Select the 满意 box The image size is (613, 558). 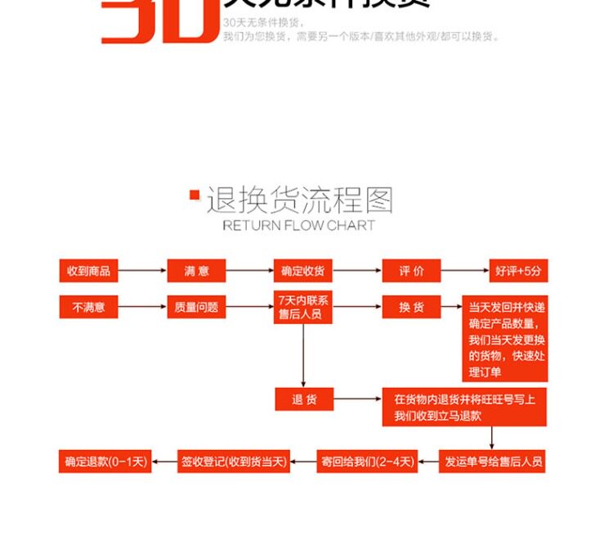(196, 271)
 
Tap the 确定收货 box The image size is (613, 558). (302, 271)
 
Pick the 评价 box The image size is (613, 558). (411, 271)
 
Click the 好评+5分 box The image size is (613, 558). (517, 271)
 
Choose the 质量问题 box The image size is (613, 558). (196, 307)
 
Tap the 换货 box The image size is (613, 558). (411, 307)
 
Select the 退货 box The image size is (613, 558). (304, 399)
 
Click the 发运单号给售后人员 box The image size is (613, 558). (493, 461)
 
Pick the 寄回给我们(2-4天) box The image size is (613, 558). (367, 461)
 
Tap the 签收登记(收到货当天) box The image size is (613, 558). (234, 461)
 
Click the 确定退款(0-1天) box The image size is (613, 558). (105, 461)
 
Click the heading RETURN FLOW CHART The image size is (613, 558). (298, 225)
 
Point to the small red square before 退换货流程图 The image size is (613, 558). (195, 195)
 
